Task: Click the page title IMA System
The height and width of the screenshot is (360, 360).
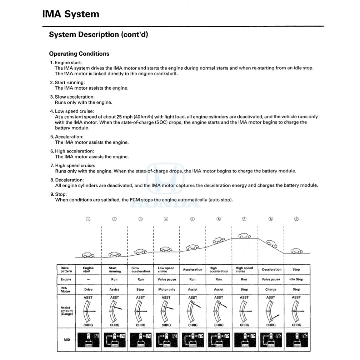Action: (x=71, y=14)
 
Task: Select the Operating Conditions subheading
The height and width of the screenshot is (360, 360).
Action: (x=79, y=54)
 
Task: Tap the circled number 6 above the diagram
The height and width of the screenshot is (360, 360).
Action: (x=219, y=219)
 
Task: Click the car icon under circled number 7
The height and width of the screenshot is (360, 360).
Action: (x=245, y=236)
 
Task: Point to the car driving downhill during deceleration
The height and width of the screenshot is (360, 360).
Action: (x=271, y=244)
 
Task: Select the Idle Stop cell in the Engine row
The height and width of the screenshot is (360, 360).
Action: (x=296, y=279)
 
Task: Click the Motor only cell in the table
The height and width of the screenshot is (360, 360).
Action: (x=166, y=289)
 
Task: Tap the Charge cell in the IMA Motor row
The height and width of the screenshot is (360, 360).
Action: (x=271, y=289)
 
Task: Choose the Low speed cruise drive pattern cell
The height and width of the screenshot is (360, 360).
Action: (x=166, y=269)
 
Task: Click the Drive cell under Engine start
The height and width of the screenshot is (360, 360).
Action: (x=88, y=289)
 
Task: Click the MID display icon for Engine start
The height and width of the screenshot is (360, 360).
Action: (x=88, y=340)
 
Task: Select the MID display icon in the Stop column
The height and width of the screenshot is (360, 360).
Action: (x=296, y=340)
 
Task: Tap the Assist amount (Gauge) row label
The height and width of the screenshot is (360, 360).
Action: (x=67, y=311)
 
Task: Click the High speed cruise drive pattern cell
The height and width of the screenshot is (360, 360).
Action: (x=244, y=269)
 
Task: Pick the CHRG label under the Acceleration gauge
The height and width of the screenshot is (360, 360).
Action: (x=192, y=325)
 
